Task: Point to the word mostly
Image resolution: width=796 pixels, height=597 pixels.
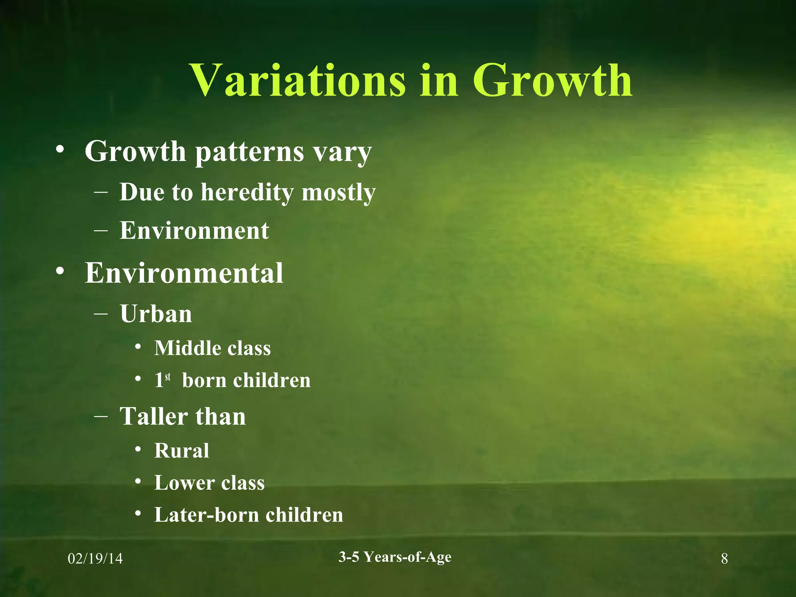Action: coord(339,193)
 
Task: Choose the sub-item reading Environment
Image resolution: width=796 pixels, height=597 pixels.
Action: coord(194,230)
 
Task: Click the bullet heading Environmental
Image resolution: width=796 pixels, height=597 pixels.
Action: coord(184,273)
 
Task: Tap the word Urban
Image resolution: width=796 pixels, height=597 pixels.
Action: coord(156,314)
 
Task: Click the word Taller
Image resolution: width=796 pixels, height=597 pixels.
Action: coord(154,416)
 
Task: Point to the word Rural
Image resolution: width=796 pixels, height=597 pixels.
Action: coord(182,451)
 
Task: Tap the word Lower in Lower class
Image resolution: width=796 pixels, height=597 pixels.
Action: coord(184,483)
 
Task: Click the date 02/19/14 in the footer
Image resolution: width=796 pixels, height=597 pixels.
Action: coord(95,559)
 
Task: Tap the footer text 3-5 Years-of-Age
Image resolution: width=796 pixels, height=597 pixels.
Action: coord(395,557)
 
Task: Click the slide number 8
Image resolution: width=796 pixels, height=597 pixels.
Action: coord(724,559)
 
